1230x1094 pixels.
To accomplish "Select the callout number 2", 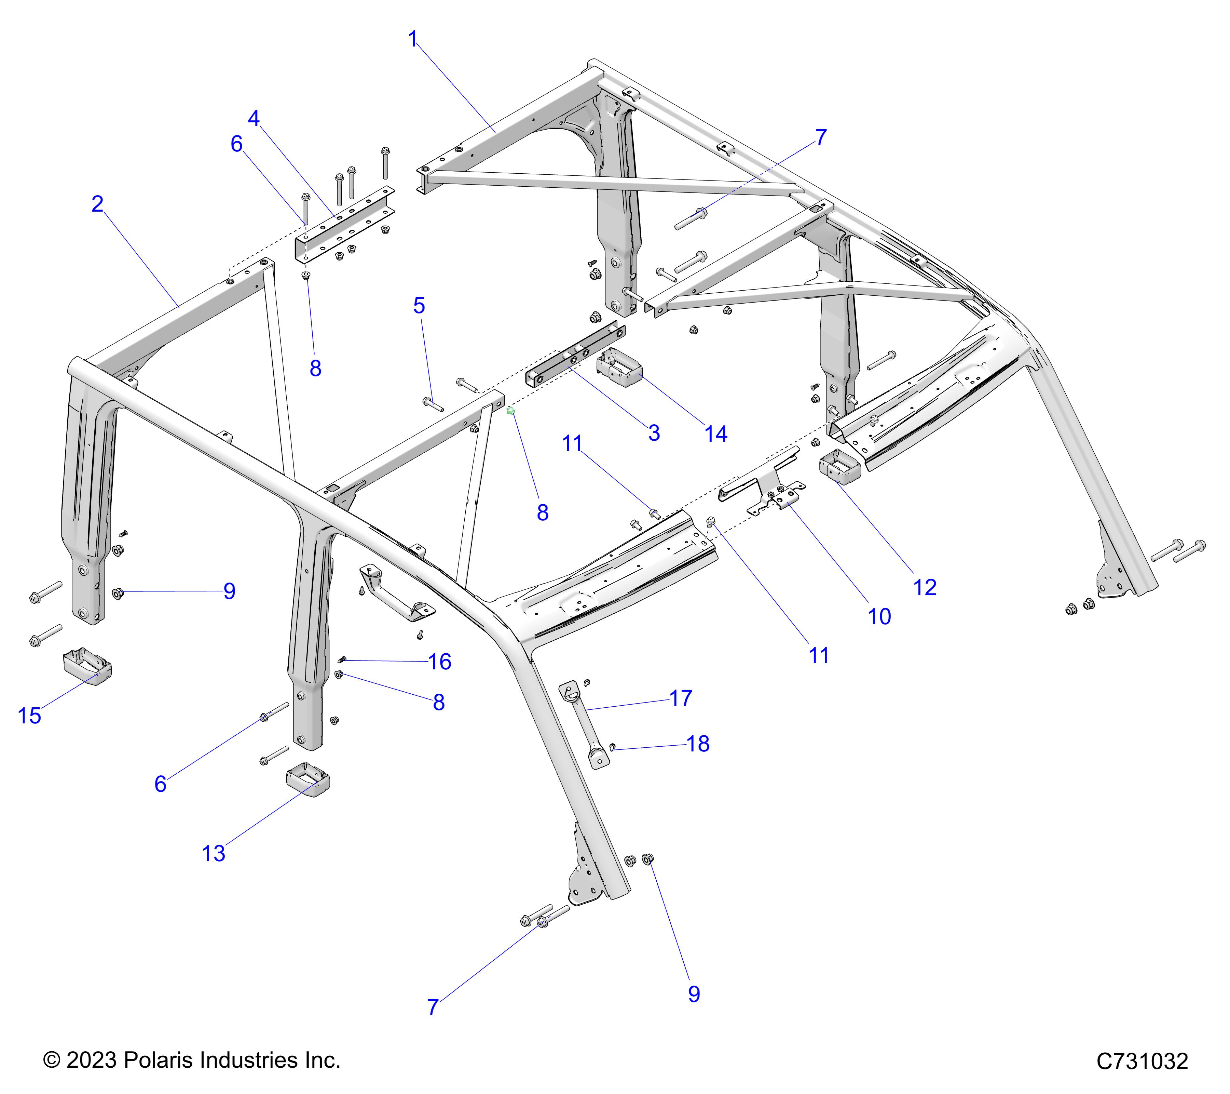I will (97, 205).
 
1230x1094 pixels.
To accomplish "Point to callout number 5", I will (420, 306).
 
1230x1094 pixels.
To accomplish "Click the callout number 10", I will (879, 616).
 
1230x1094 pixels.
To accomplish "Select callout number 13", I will (214, 853).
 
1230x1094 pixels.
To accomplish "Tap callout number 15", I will (29, 716).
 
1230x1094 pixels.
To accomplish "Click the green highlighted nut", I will (511, 411).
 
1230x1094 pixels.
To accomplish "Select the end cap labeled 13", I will (307, 780).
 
